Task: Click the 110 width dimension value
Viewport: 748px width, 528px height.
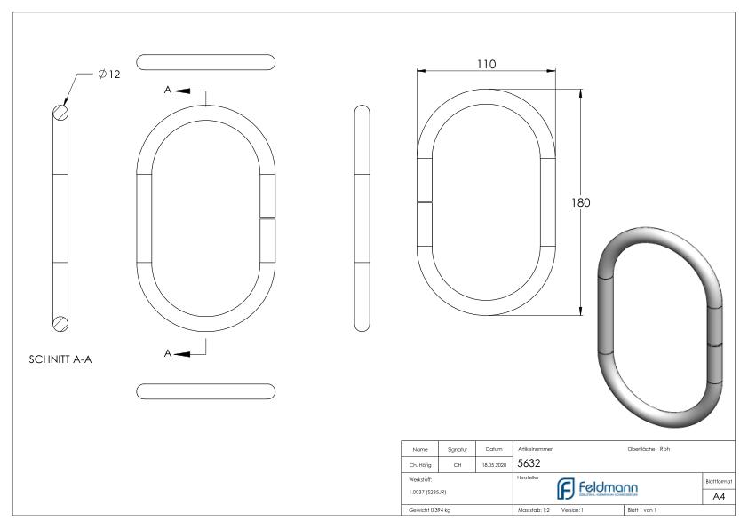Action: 484,64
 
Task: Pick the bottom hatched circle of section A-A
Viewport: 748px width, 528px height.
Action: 60,323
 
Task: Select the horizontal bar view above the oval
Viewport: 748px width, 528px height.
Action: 206,61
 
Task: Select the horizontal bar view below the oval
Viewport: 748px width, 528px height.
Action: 206,390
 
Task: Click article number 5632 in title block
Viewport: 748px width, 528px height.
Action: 530,462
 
